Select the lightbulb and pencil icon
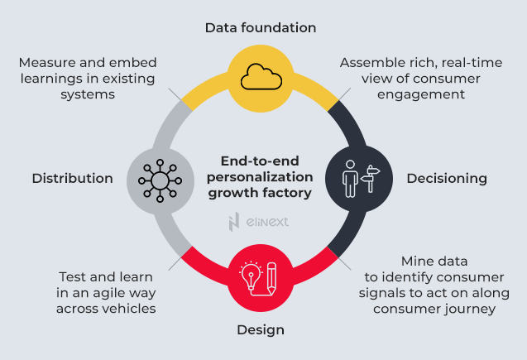[x=260, y=277]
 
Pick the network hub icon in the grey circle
[x=160, y=178]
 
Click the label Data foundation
[x=261, y=27]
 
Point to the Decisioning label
[x=446, y=178]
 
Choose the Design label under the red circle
[x=261, y=329]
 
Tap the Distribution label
[x=72, y=178]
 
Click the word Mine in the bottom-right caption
[x=418, y=261]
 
